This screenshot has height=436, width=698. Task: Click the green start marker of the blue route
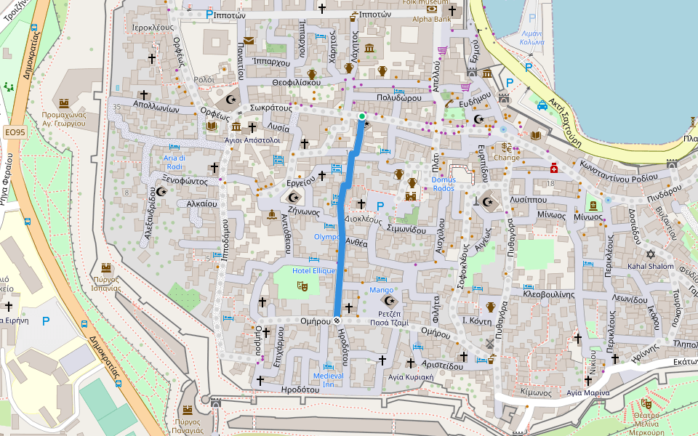coord(362,116)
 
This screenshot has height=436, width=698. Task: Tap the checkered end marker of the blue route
coord(337,320)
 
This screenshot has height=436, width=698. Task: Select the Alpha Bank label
coord(432,20)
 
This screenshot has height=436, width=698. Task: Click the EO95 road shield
coord(15,132)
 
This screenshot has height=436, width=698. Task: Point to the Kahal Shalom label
coord(650,266)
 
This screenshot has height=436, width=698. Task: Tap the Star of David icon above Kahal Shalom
coord(650,254)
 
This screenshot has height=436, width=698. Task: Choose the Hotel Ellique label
coord(314,270)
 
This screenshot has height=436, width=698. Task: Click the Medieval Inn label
coord(328,379)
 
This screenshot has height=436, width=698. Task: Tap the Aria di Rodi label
coord(174,161)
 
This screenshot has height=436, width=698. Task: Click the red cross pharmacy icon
coord(554,166)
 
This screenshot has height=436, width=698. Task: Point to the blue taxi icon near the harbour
coord(542,105)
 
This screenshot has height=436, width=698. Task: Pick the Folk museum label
coord(432,2)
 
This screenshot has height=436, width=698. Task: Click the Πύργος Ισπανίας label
coord(106,283)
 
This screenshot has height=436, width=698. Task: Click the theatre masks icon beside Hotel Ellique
coord(302,286)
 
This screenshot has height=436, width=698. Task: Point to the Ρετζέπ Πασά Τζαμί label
coord(389,317)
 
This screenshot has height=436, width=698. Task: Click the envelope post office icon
coord(249,41)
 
